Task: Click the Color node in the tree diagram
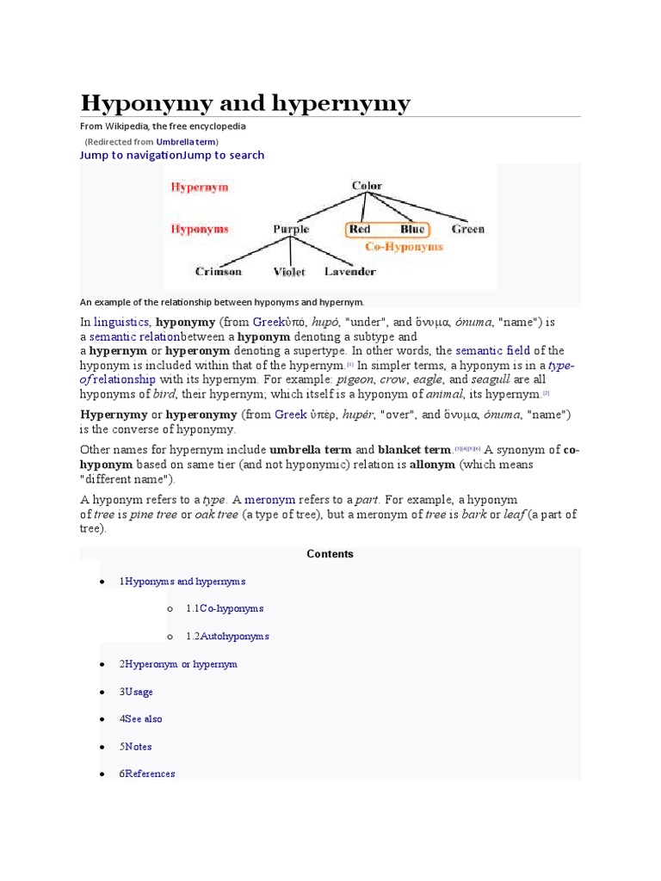click(x=367, y=186)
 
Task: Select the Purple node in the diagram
click(x=291, y=230)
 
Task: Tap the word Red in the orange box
click(x=361, y=230)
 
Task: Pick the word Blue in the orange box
click(x=412, y=230)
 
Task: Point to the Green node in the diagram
click(x=468, y=230)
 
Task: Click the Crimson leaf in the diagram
click(x=219, y=272)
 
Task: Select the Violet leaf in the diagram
click(x=289, y=272)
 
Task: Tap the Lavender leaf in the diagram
click(x=349, y=272)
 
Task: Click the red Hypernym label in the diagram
click(x=200, y=187)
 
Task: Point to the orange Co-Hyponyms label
click(x=404, y=247)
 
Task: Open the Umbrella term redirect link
click(x=186, y=141)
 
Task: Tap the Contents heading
click(x=330, y=554)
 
